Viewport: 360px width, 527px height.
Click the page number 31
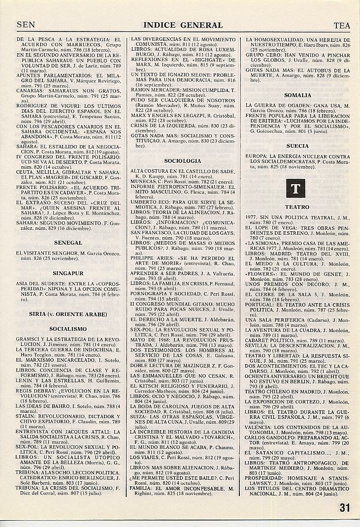point(345,508)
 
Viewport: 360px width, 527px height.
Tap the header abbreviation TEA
point(342,25)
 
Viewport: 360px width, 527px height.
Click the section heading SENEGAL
point(68,243)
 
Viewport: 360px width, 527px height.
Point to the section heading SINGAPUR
point(68,273)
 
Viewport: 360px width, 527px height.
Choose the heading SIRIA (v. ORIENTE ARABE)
point(68,314)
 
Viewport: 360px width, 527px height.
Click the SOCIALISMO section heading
point(68,329)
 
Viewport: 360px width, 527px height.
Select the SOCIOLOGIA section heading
point(183,161)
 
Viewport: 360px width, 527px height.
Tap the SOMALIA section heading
point(297,95)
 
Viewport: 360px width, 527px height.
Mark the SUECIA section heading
point(297,146)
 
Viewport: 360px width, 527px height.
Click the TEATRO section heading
point(297,207)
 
